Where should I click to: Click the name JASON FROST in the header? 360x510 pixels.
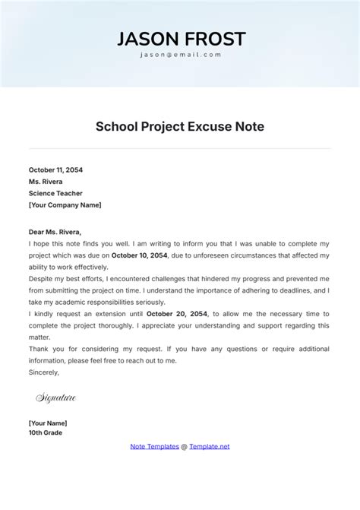pos(180,40)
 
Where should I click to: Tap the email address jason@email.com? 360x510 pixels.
pos(180,55)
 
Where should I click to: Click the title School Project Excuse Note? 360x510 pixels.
pos(180,127)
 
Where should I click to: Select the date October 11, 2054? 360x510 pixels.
pos(55,170)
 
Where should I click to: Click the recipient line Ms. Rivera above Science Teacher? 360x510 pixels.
pos(46,182)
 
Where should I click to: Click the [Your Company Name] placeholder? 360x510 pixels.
pos(65,204)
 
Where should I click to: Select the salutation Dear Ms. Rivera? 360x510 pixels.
pos(54,232)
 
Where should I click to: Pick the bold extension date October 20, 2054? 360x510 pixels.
pos(176,314)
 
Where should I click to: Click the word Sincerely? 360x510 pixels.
pos(43,372)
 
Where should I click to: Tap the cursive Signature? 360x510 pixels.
pos(55,398)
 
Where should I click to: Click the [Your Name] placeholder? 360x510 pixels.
pos(48,423)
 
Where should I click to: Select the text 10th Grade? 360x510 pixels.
pos(46,433)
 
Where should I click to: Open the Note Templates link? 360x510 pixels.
pos(155,446)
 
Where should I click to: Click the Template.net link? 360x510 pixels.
pos(209,446)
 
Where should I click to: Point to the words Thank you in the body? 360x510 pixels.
pos(44,349)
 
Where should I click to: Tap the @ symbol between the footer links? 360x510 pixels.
pos(184,446)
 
